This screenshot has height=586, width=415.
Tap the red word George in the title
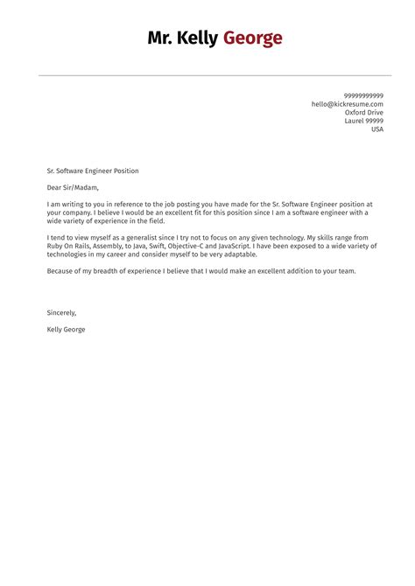(x=253, y=38)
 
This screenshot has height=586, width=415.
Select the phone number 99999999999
(x=363, y=95)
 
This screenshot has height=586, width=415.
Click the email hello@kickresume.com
(x=348, y=104)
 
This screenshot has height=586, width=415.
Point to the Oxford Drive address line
(x=363, y=112)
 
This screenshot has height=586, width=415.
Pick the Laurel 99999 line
(x=364, y=121)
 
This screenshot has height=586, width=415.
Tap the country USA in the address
(x=377, y=129)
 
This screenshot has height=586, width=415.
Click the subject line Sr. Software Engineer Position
(x=93, y=171)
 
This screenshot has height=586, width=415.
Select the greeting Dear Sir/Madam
(x=74, y=187)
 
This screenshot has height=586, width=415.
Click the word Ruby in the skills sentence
(x=56, y=246)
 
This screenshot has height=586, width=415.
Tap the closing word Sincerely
(x=62, y=312)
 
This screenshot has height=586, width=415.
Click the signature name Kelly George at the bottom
(x=67, y=330)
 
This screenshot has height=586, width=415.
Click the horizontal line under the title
(x=207, y=75)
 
